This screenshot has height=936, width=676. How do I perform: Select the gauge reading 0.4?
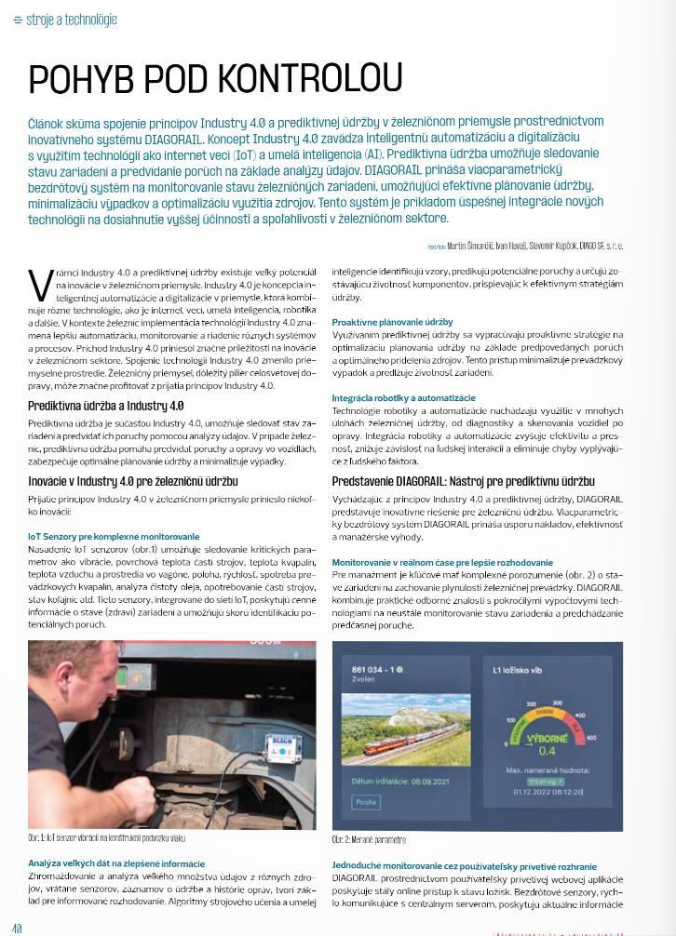(546, 750)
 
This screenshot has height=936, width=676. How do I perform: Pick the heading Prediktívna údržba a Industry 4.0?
(106, 406)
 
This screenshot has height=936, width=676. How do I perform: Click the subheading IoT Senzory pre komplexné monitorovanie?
(114, 537)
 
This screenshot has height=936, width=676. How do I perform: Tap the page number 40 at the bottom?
(17, 928)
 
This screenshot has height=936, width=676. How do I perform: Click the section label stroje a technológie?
(65, 19)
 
